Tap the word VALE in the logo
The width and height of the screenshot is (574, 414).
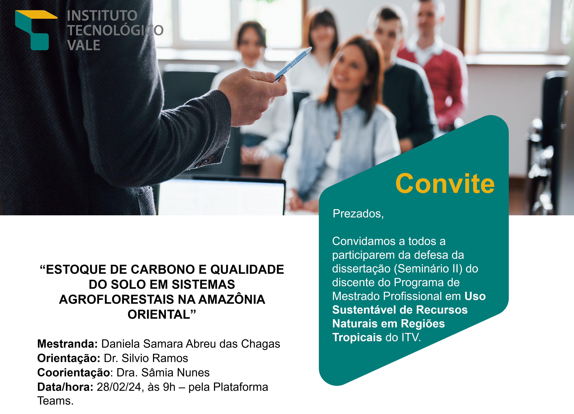click(84, 45)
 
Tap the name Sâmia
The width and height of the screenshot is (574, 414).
click(157, 372)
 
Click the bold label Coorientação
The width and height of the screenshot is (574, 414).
click(74, 373)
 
